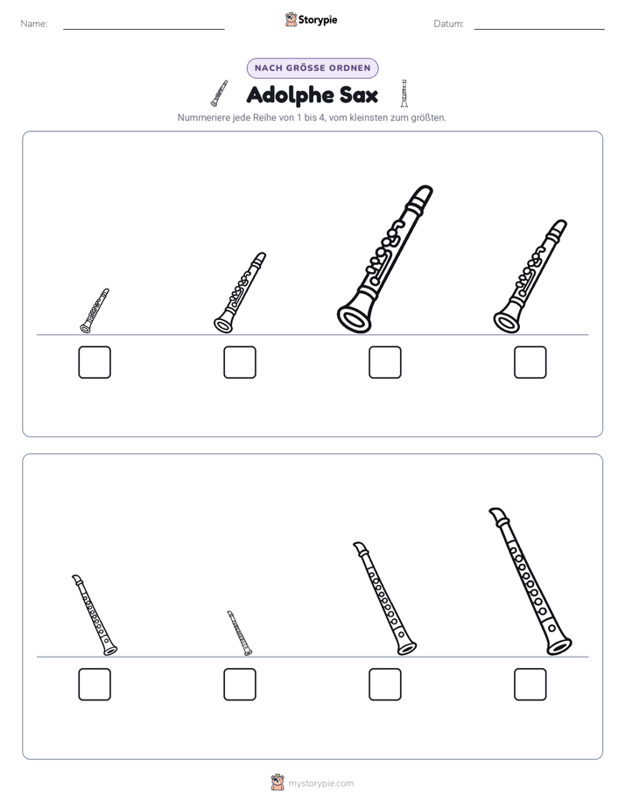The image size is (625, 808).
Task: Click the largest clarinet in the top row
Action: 384,259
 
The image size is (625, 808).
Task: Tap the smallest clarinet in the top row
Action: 95,310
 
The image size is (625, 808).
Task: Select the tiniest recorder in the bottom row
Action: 239,633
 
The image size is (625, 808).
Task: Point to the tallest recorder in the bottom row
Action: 530,582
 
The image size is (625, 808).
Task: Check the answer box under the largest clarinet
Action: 384,362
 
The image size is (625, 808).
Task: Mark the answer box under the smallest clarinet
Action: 95,362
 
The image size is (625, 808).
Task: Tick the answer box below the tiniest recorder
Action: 240,685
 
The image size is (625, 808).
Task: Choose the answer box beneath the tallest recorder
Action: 530,685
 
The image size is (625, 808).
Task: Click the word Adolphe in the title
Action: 289,95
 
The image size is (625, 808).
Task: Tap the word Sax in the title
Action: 358,95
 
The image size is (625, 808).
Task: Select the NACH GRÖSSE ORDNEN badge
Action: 312,68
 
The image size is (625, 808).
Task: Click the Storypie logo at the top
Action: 311,19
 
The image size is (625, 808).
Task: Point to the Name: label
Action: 34,24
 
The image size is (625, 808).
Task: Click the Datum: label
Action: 449,24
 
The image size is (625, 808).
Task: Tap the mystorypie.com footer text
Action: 320,784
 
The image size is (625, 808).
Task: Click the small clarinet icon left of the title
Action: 219,94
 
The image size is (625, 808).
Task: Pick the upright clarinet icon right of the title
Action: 404,94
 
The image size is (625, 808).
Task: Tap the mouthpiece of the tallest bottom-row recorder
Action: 498,517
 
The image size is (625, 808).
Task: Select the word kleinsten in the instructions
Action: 367,117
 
